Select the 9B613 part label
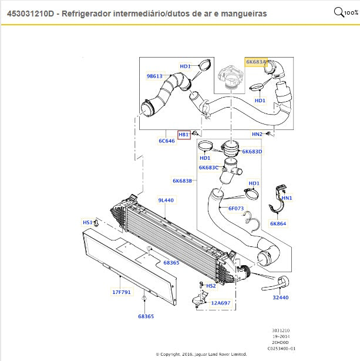pos(154,76)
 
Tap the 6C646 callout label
pos(166,141)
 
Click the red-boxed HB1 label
pos(184,135)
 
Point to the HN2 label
pos(257,134)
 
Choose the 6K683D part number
pos(252,151)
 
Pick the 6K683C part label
pos(208,168)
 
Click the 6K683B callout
pos(182,180)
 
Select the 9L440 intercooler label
pos(166,200)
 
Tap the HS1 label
pos(87,222)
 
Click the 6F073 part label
pos(236,208)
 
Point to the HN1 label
pos(287,198)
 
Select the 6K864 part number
pos(278,223)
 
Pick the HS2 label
pos(211,286)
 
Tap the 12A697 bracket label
pos(221,303)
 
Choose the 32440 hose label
pos(281,298)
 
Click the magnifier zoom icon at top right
pos(339,12)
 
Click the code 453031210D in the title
pos(31,13)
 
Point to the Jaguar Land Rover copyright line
pos(201,354)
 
